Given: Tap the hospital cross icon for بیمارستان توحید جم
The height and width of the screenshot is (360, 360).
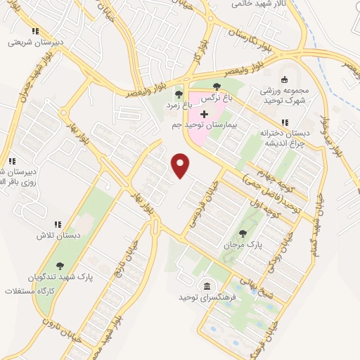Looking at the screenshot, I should (205, 114).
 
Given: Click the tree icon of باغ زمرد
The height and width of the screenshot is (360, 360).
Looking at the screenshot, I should (179, 94).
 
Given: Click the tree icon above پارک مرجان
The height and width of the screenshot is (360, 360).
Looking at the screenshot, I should (243, 233).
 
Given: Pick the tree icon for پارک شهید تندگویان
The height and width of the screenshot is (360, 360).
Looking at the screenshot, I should (60, 265).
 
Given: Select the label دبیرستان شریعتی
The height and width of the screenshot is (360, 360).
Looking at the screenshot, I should (35, 41).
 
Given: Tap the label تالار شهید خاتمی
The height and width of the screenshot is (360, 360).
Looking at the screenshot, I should (262, 4).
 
